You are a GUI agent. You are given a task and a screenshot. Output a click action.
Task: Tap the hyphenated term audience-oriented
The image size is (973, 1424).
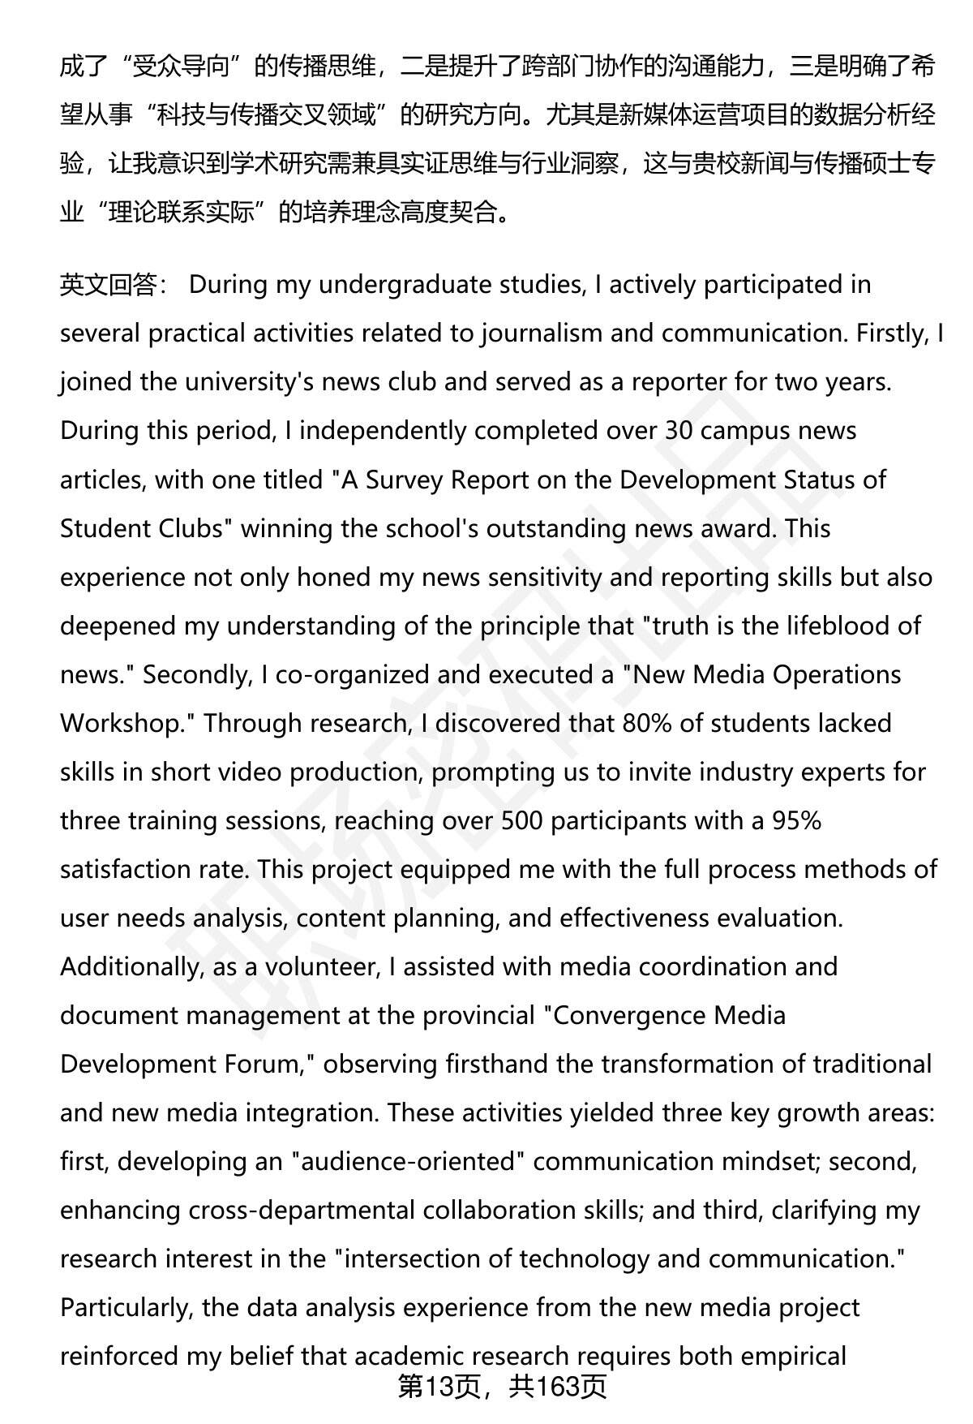pyautogui.click(x=409, y=1161)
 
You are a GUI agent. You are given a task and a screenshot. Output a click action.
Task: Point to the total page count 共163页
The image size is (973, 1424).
pyautogui.click(x=557, y=1388)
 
